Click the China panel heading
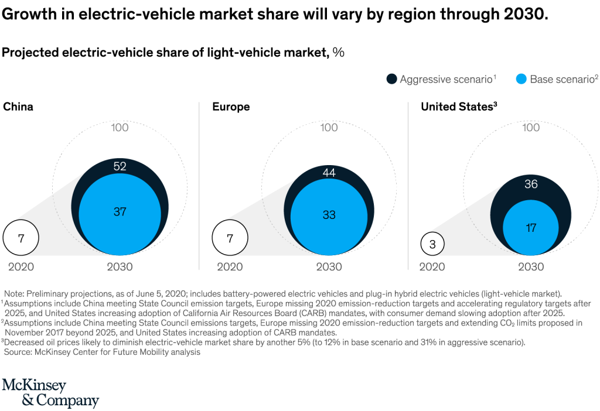[x=18, y=107]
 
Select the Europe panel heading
[x=231, y=107]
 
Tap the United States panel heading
[x=458, y=107]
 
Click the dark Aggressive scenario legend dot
[x=391, y=78]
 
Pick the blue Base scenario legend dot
[x=521, y=78]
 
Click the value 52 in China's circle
[x=120, y=167]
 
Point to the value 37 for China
[x=120, y=212]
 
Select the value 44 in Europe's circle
[x=329, y=173]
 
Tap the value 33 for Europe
[x=329, y=215]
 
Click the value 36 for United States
[x=531, y=184]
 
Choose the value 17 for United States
[x=531, y=228]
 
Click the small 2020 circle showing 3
[x=432, y=244]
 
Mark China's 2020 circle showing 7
[x=21, y=238]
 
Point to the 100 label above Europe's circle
[x=329, y=128]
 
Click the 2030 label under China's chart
[x=120, y=267]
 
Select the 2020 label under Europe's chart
[x=230, y=267]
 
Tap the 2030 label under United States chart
[x=531, y=267]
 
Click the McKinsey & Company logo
[x=50, y=393]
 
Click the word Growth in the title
[x=29, y=15]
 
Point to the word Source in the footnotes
[x=18, y=352]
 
